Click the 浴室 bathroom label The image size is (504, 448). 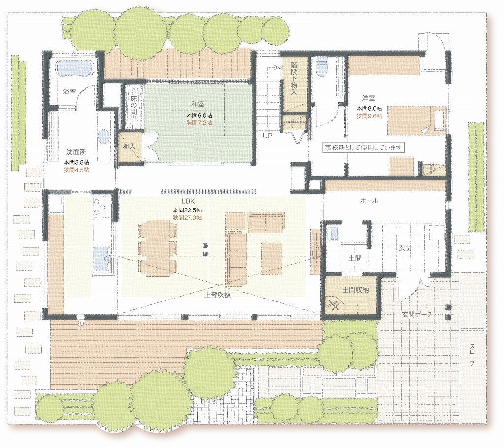pos(69,92)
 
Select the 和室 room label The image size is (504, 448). pos(198,104)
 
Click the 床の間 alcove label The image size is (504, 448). pos(134,104)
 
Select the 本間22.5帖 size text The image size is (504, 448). pos(188,210)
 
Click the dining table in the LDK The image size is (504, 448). pos(157,247)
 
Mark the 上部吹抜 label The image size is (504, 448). pos(218,295)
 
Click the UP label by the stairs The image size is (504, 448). pos(267,136)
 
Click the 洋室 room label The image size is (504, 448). pos(368,98)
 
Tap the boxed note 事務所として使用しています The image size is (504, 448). pos(363,148)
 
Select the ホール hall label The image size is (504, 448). pos(369,201)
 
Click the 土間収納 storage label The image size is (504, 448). pos(355,290)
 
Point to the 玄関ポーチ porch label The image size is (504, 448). pos(416,314)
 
